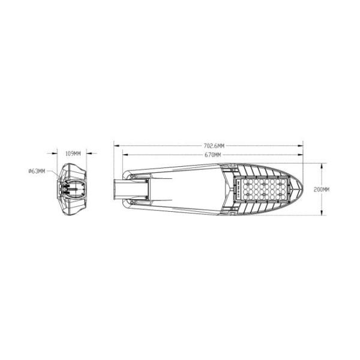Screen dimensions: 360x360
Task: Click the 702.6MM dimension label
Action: click(x=214, y=146)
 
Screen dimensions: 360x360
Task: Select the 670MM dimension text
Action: click(x=212, y=155)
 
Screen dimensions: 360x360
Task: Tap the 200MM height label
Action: click(x=322, y=190)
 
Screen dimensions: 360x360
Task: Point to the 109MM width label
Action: click(x=73, y=154)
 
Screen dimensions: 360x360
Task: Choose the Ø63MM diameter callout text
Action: click(x=37, y=171)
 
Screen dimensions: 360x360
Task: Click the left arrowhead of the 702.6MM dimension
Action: click(x=116, y=146)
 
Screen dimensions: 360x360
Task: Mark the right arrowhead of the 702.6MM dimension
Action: click(x=301, y=146)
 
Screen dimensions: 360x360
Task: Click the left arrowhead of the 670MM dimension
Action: click(x=125, y=155)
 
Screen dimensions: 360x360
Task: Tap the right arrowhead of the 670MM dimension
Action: click(x=301, y=155)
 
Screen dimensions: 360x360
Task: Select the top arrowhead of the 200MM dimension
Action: click(x=322, y=166)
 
